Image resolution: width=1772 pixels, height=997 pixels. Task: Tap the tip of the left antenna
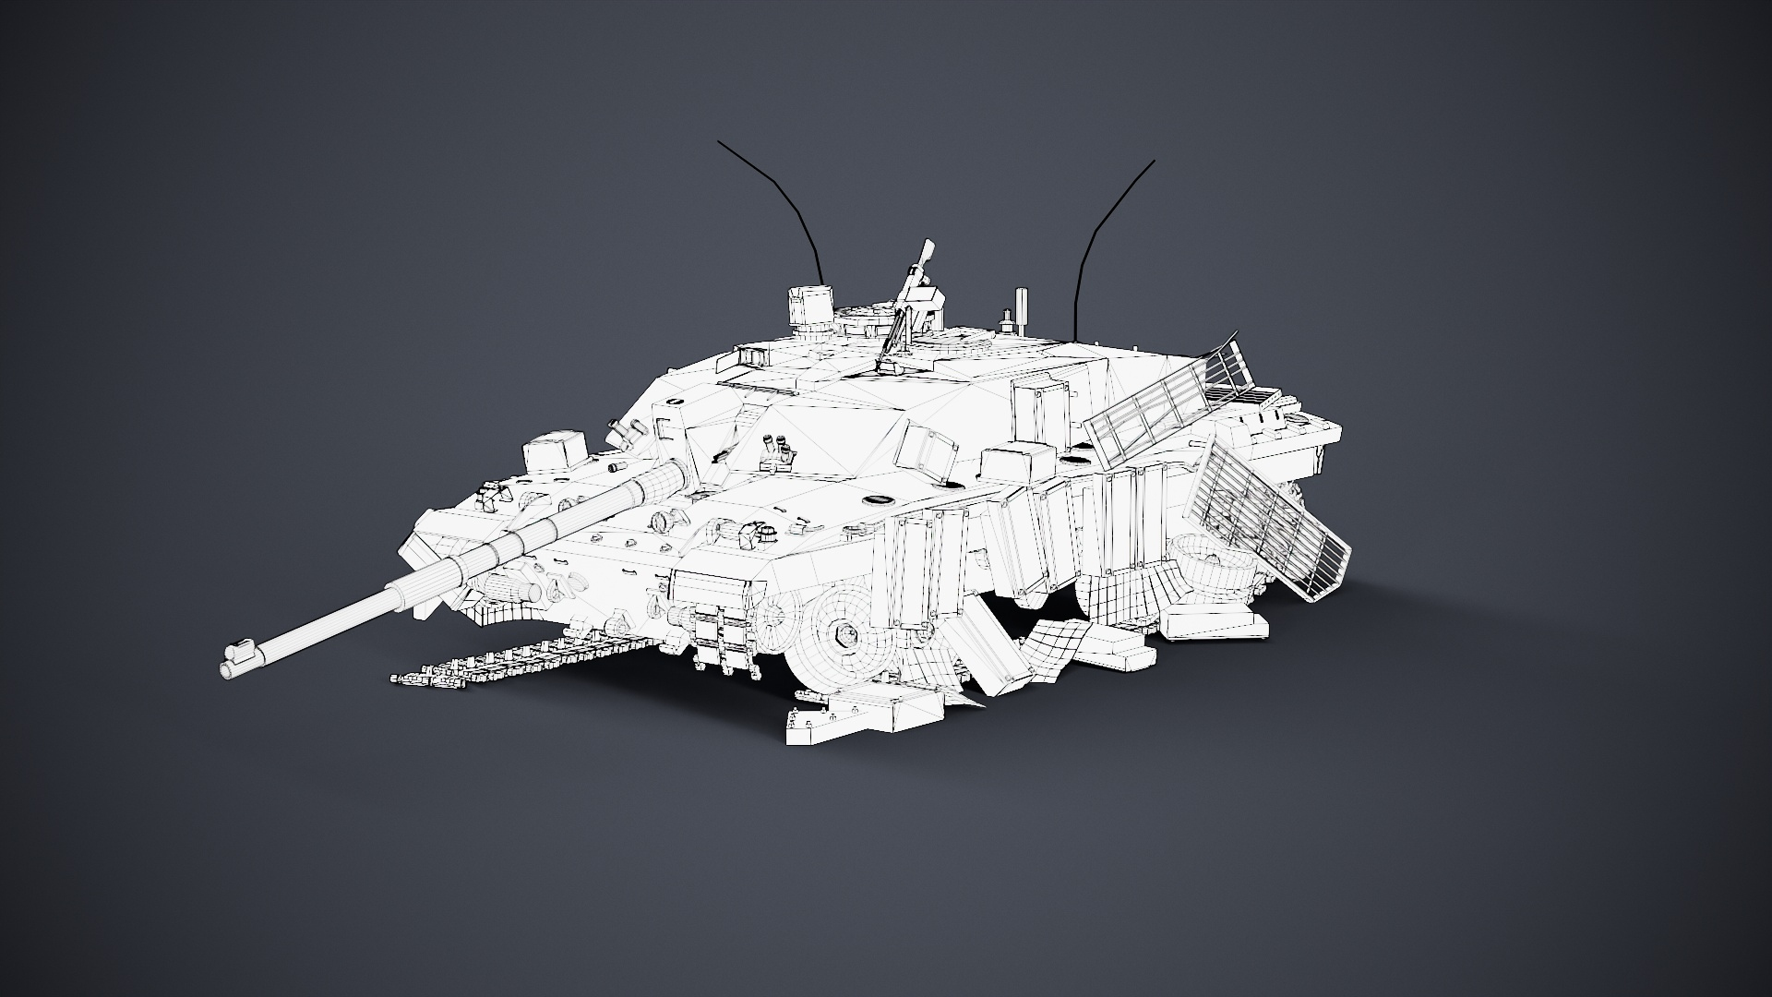(719, 142)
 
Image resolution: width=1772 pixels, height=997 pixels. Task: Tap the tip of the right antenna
(1154, 162)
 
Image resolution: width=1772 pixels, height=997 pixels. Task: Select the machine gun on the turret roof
(908, 305)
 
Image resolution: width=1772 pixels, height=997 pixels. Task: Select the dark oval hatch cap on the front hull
(876, 499)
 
